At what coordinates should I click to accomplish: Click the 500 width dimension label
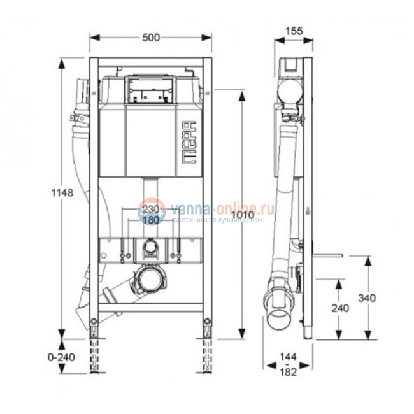[x=150, y=38]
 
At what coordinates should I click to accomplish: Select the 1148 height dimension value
[x=63, y=192]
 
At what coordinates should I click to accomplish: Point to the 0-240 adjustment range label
[x=62, y=357]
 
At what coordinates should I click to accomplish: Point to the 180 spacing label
[x=150, y=220]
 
